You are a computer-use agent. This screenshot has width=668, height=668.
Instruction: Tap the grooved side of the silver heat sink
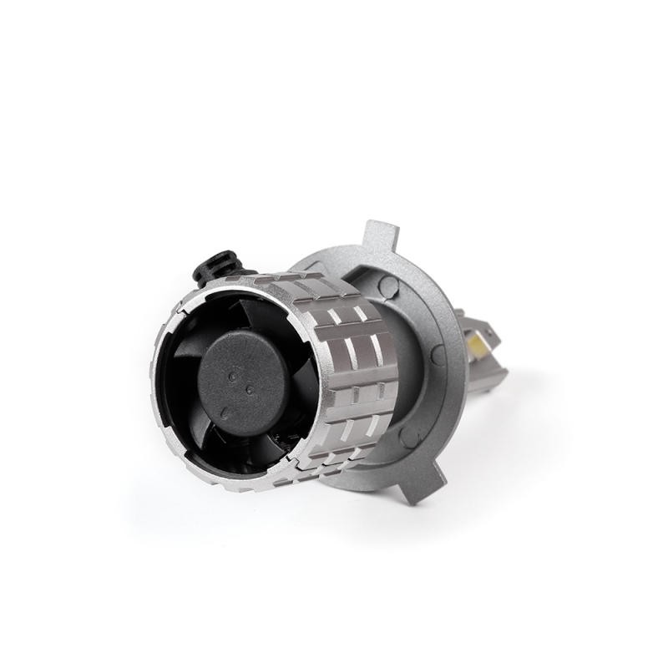pyautogui.click(x=351, y=367)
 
